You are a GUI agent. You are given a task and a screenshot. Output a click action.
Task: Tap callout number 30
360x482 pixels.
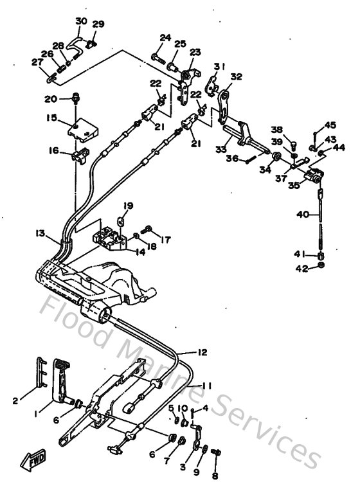click(x=81, y=21)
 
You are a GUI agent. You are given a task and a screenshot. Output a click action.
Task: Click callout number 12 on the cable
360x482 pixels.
click(x=202, y=352)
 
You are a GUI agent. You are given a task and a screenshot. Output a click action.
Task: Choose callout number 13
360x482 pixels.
click(x=40, y=233)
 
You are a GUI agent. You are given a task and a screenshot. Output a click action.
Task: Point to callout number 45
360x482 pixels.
click(x=330, y=126)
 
